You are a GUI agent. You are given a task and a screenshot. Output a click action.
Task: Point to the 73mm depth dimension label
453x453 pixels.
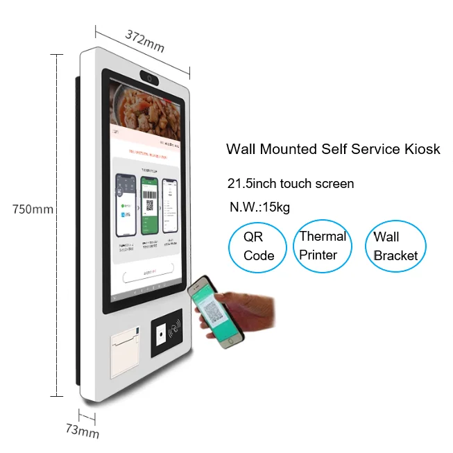[83, 431]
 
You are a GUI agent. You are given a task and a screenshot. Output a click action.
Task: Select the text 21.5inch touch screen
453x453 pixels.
[291, 184]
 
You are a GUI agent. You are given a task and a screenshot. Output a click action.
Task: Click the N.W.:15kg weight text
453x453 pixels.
[261, 207]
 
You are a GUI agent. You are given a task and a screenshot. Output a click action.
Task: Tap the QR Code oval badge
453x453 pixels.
[259, 247]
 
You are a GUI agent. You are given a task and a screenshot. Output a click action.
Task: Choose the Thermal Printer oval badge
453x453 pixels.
[323, 246]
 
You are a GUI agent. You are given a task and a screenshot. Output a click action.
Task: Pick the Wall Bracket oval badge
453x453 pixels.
[395, 246]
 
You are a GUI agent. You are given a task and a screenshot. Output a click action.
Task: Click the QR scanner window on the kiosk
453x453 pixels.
[162, 336]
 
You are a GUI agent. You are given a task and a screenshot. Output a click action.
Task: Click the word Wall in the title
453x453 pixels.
[241, 149]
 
